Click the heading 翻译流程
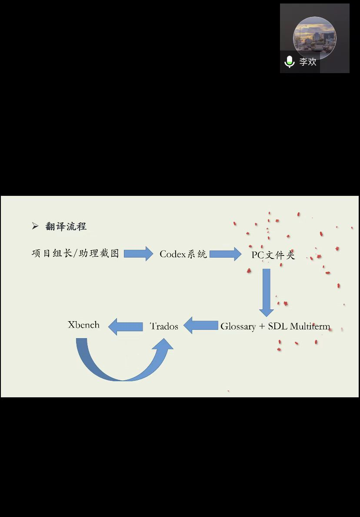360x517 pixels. coord(66,226)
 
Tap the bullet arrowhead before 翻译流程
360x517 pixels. coord(35,226)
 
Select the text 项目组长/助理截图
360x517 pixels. coord(75,253)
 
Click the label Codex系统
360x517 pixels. coord(183,254)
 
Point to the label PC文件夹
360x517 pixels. coord(273,255)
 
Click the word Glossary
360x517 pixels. coord(238,326)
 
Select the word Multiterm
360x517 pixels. coord(310,326)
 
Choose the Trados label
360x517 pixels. coord(164,326)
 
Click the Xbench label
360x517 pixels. coord(83,325)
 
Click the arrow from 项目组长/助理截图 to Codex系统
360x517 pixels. coord(139,253)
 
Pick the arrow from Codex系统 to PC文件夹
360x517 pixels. coord(225,254)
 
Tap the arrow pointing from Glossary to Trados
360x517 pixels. coord(201,326)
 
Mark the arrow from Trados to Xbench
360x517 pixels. coord(126,326)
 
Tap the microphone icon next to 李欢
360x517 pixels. coord(290,62)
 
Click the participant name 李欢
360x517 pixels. coord(308,62)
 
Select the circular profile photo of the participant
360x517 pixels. coord(315,37)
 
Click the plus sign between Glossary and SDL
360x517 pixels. coord(262,327)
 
